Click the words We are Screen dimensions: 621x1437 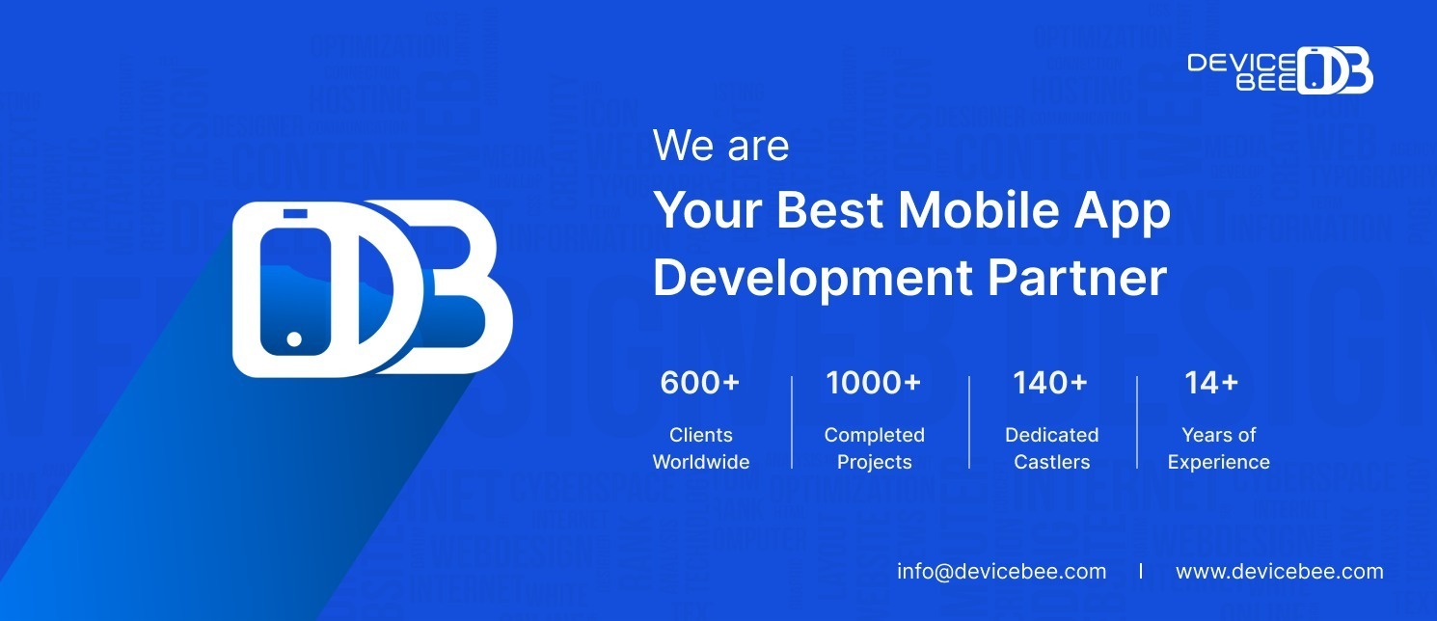(x=720, y=147)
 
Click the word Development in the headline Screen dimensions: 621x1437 (x=813, y=277)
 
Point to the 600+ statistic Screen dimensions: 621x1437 (x=699, y=383)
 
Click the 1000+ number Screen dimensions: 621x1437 (x=873, y=383)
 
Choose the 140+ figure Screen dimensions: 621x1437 (x=1049, y=383)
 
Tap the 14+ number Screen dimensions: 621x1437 (x=1210, y=383)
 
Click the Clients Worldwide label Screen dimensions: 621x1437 (x=700, y=448)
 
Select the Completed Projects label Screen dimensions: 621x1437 (x=874, y=448)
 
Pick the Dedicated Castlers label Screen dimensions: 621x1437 (x=1051, y=448)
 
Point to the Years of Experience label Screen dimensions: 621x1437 (x=1218, y=448)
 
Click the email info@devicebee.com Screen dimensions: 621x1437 (x=1001, y=571)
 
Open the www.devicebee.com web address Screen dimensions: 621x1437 (x=1279, y=571)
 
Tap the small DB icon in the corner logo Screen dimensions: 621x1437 (x=1335, y=70)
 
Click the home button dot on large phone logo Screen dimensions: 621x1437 (x=294, y=339)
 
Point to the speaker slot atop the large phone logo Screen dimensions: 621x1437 (x=295, y=213)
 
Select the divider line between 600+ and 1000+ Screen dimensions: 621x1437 (x=792, y=421)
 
